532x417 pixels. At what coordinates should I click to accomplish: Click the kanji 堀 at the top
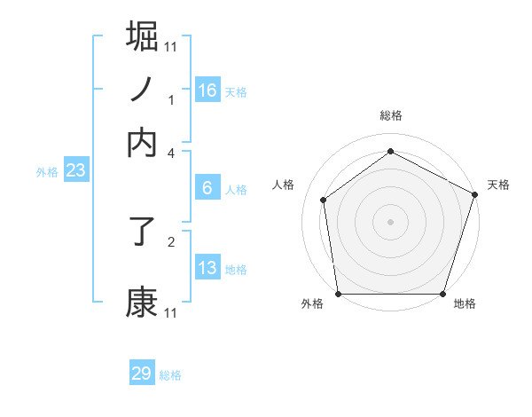(143, 36)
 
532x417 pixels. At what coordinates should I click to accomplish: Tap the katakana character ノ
(143, 89)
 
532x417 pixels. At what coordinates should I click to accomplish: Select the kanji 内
(143, 142)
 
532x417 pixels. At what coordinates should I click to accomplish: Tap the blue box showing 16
(207, 90)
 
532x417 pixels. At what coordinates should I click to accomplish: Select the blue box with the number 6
(207, 188)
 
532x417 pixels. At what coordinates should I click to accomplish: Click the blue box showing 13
(207, 268)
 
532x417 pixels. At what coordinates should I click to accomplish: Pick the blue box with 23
(75, 171)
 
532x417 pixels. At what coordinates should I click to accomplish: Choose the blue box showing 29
(142, 374)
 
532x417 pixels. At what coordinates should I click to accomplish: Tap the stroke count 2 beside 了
(171, 240)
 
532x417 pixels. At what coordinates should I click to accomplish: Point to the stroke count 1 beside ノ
(171, 99)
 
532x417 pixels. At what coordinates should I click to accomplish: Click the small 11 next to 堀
(171, 46)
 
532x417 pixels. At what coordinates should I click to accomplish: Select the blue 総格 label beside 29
(170, 375)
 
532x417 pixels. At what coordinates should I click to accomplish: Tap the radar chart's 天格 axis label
(498, 185)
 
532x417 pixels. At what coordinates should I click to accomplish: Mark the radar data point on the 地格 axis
(443, 294)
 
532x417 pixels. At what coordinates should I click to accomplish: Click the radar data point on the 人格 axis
(324, 200)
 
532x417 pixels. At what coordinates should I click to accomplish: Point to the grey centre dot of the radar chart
(390, 221)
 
